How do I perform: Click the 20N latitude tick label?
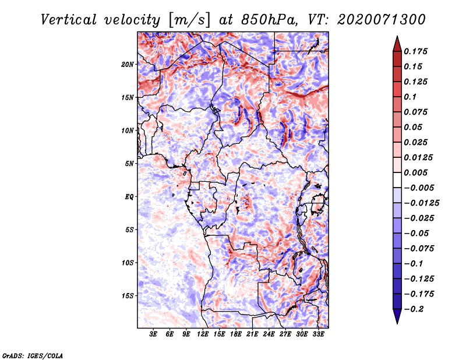click(127, 65)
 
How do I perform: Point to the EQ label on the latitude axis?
click(129, 197)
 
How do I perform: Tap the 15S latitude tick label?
click(127, 296)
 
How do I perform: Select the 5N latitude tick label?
click(129, 164)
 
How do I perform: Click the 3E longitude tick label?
click(153, 334)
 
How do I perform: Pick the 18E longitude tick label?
click(236, 334)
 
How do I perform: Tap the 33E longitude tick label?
click(318, 334)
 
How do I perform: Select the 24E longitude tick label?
click(269, 334)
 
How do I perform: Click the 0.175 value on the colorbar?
click(415, 51)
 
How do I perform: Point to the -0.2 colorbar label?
click(414, 309)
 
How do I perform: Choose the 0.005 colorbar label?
click(415, 172)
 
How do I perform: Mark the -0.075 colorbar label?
click(419, 249)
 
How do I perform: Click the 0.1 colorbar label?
click(410, 97)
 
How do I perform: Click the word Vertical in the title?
click(69, 20)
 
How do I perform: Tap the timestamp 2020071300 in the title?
click(382, 20)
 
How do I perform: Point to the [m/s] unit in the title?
click(189, 20)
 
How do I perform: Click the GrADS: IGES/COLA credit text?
click(33, 356)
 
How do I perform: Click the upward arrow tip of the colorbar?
click(397, 36)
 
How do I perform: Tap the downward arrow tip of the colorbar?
click(397, 323)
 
